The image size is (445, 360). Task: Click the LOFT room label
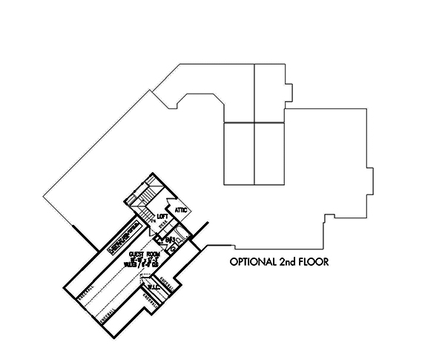click(x=163, y=217)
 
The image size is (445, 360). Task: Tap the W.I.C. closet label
click(x=154, y=286)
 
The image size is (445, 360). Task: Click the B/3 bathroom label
click(x=170, y=239)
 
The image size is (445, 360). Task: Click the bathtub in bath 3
click(x=182, y=240)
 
